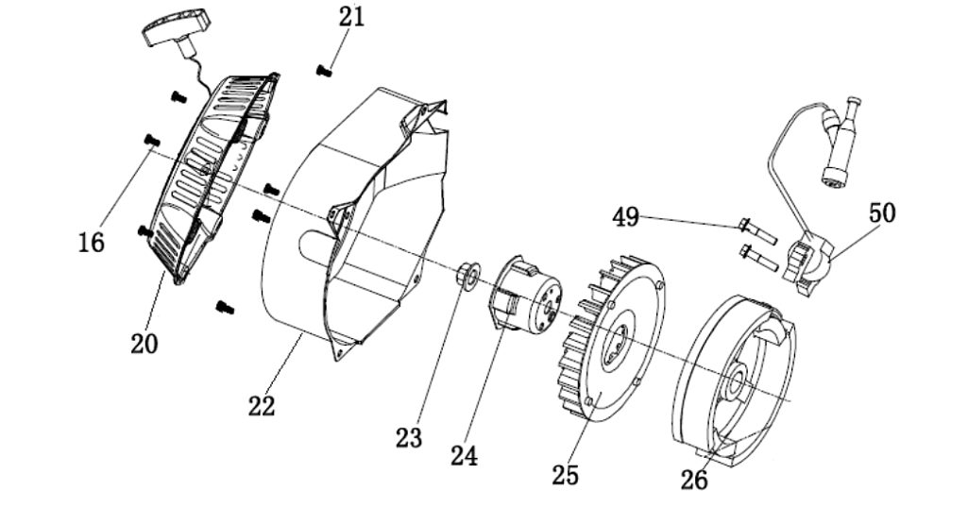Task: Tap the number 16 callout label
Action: pos(91,243)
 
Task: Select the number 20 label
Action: pos(144,343)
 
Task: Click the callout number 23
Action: pos(409,437)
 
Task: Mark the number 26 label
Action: pos(694,480)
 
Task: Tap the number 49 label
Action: pos(625,218)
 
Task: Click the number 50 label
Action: pos(882,213)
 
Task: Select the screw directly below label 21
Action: pos(325,68)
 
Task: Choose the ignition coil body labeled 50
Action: pos(808,260)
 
